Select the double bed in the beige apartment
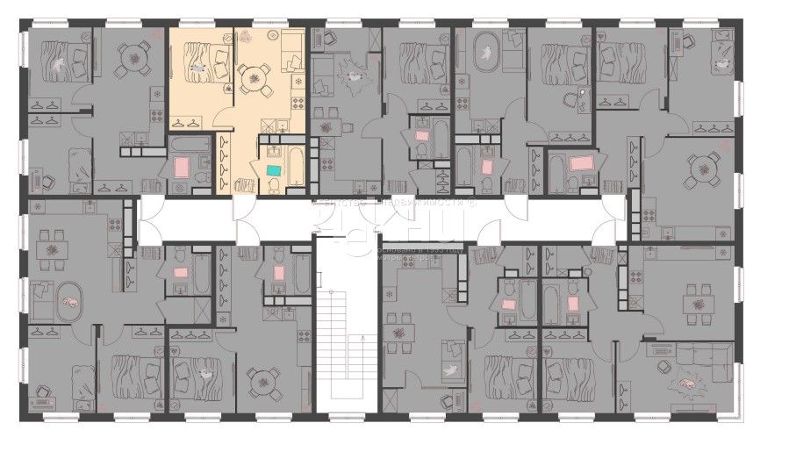pyautogui.click(x=200, y=61)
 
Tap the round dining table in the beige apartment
pyautogui.click(x=254, y=78)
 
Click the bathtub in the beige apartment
pyautogui.click(x=295, y=163)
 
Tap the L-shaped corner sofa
pyautogui.click(x=698, y=360)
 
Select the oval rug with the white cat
pyautogui.click(x=484, y=55)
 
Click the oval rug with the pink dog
pyautogui.click(x=68, y=302)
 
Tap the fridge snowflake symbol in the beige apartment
pyautogui.click(x=298, y=81)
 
